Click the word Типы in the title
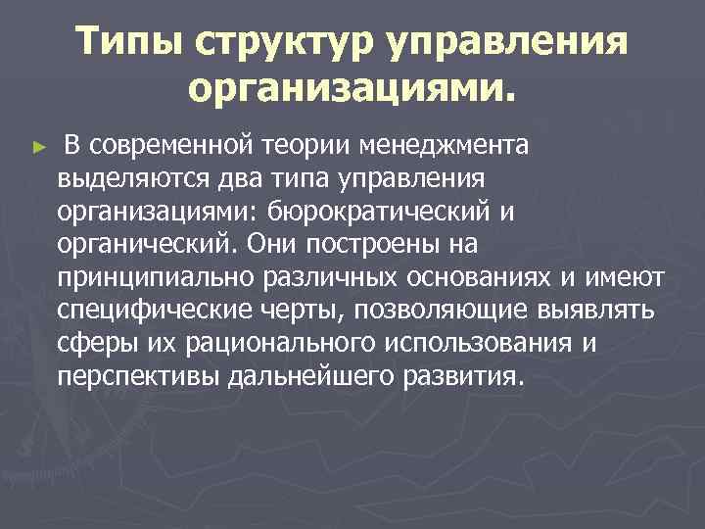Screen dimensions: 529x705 click(126, 43)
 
